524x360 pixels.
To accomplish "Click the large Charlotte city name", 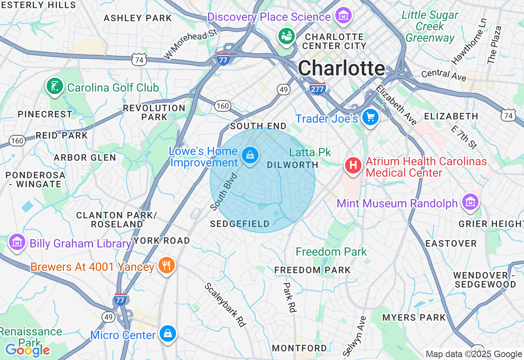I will pyautogui.click(x=341, y=68).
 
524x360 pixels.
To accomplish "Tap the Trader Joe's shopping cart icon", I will pyautogui.click(x=370, y=118).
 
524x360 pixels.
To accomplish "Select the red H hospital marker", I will pyautogui.click(x=353, y=166).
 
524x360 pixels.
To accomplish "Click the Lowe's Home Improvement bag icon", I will pyautogui.click(x=249, y=155).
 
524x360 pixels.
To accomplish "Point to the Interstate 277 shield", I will pyautogui.click(x=318, y=88).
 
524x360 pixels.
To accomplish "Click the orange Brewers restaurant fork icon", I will pyautogui.click(x=166, y=265).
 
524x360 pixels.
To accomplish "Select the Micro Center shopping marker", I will pyautogui.click(x=167, y=334).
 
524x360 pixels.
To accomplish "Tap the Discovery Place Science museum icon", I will pyautogui.click(x=343, y=16).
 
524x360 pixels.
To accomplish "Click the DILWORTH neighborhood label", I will pyautogui.click(x=292, y=165).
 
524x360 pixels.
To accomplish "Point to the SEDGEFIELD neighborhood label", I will pyautogui.click(x=240, y=224).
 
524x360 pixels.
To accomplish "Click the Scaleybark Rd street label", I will pyautogui.click(x=226, y=305).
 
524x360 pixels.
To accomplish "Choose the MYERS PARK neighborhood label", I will pyautogui.click(x=414, y=317).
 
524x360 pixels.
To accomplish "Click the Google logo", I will pyautogui.click(x=27, y=350).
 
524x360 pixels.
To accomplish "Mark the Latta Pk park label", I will pyautogui.click(x=310, y=153).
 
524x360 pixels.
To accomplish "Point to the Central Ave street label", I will pyautogui.click(x=444, y=75).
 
